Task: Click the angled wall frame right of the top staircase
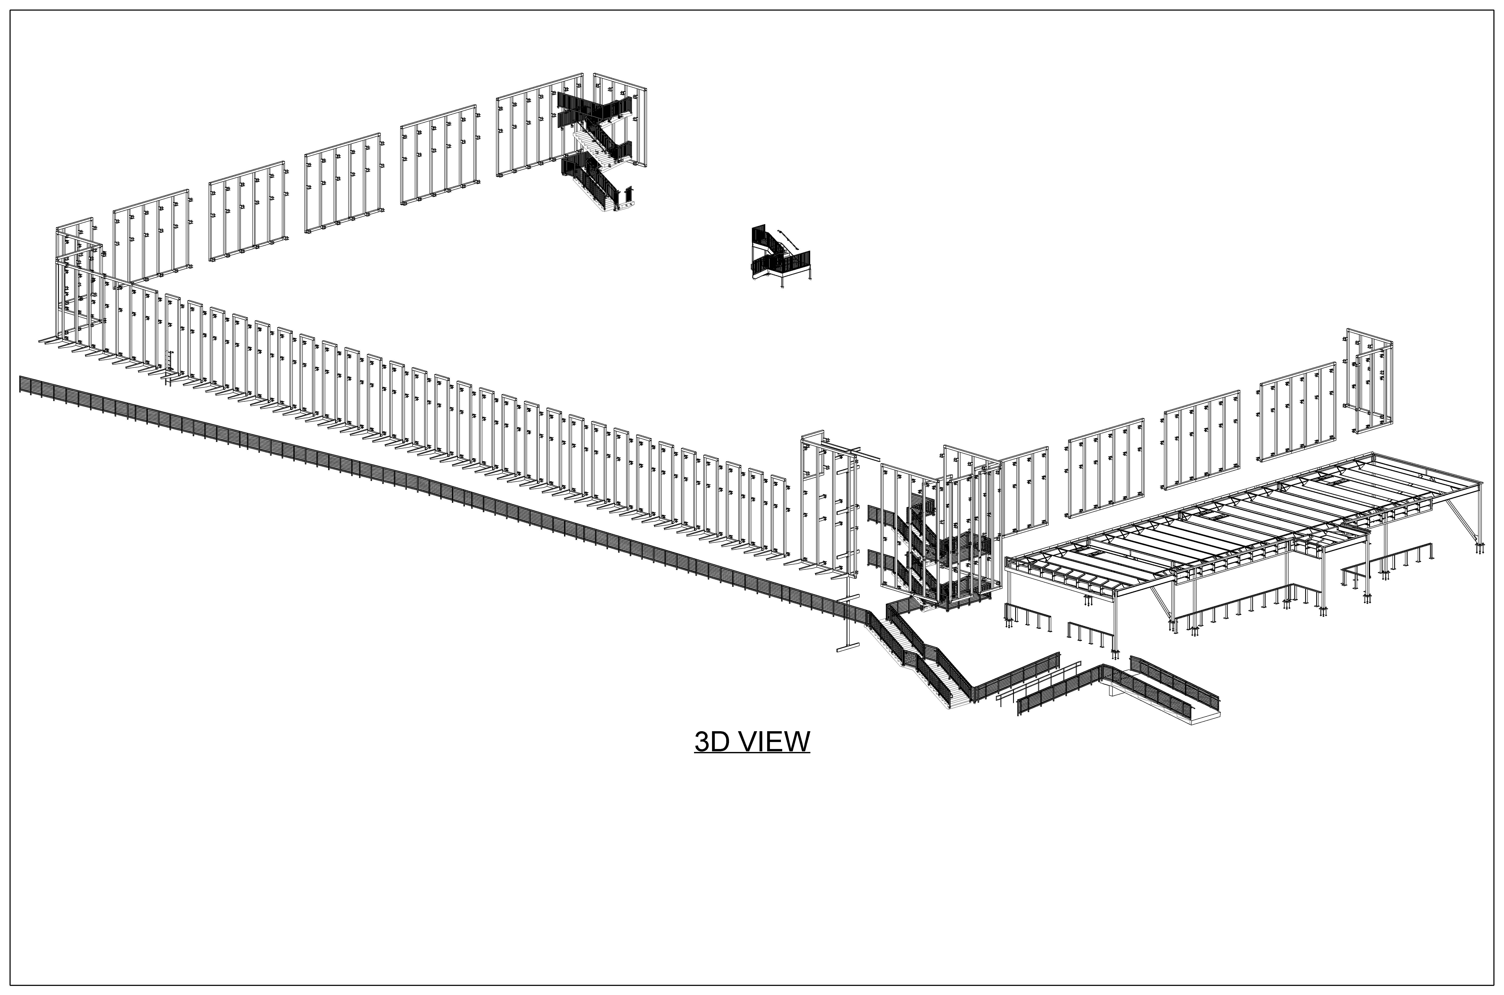tap(620, 121)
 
